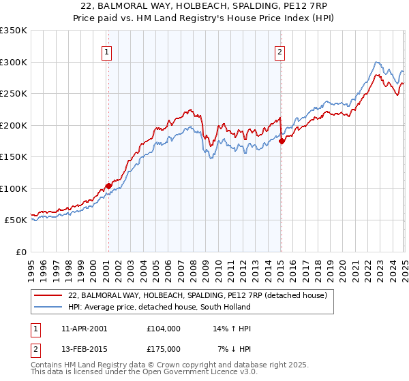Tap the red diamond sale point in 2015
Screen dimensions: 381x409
282,141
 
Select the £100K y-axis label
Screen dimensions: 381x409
14,188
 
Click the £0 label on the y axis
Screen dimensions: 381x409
20,252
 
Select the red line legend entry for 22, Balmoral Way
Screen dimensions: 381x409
198,295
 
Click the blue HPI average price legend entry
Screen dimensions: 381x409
184,307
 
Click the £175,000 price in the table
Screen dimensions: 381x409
164,349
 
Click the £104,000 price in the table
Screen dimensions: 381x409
164,329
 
